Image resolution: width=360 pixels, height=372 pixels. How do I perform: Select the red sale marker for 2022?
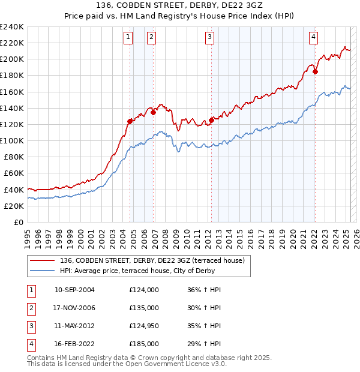[x=315, y=72]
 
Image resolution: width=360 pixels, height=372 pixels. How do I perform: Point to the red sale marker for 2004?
[x=130, y=121]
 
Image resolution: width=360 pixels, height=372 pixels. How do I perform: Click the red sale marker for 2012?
[x=211, y=120]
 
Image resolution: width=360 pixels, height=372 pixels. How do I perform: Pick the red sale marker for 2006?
[x=153, y=112]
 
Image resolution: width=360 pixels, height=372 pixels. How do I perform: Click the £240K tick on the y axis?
[x=12, y=27]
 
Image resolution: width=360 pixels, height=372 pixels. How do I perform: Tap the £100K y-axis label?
[x=12, y=140]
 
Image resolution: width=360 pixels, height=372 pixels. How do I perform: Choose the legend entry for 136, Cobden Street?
[x=152, y=261]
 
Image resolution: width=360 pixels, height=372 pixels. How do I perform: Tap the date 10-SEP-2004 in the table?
[x=74, y=290]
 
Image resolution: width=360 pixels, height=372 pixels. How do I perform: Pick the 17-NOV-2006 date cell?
[x=74, y=308]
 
